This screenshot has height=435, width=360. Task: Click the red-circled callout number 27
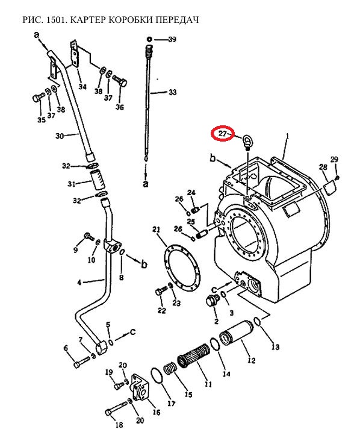click(x=223, y=133)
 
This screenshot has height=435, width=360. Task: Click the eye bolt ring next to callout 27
click(x=247, y=140)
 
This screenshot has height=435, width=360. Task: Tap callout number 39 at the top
click(x=172, y=39)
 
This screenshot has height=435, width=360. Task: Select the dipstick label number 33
click(x=172, y=92)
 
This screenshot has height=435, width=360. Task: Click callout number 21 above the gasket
click(x=157, y=230)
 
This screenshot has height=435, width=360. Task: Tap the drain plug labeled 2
click(x=213, y=301)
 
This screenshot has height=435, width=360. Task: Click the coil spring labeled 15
click(x=171, y=371)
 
